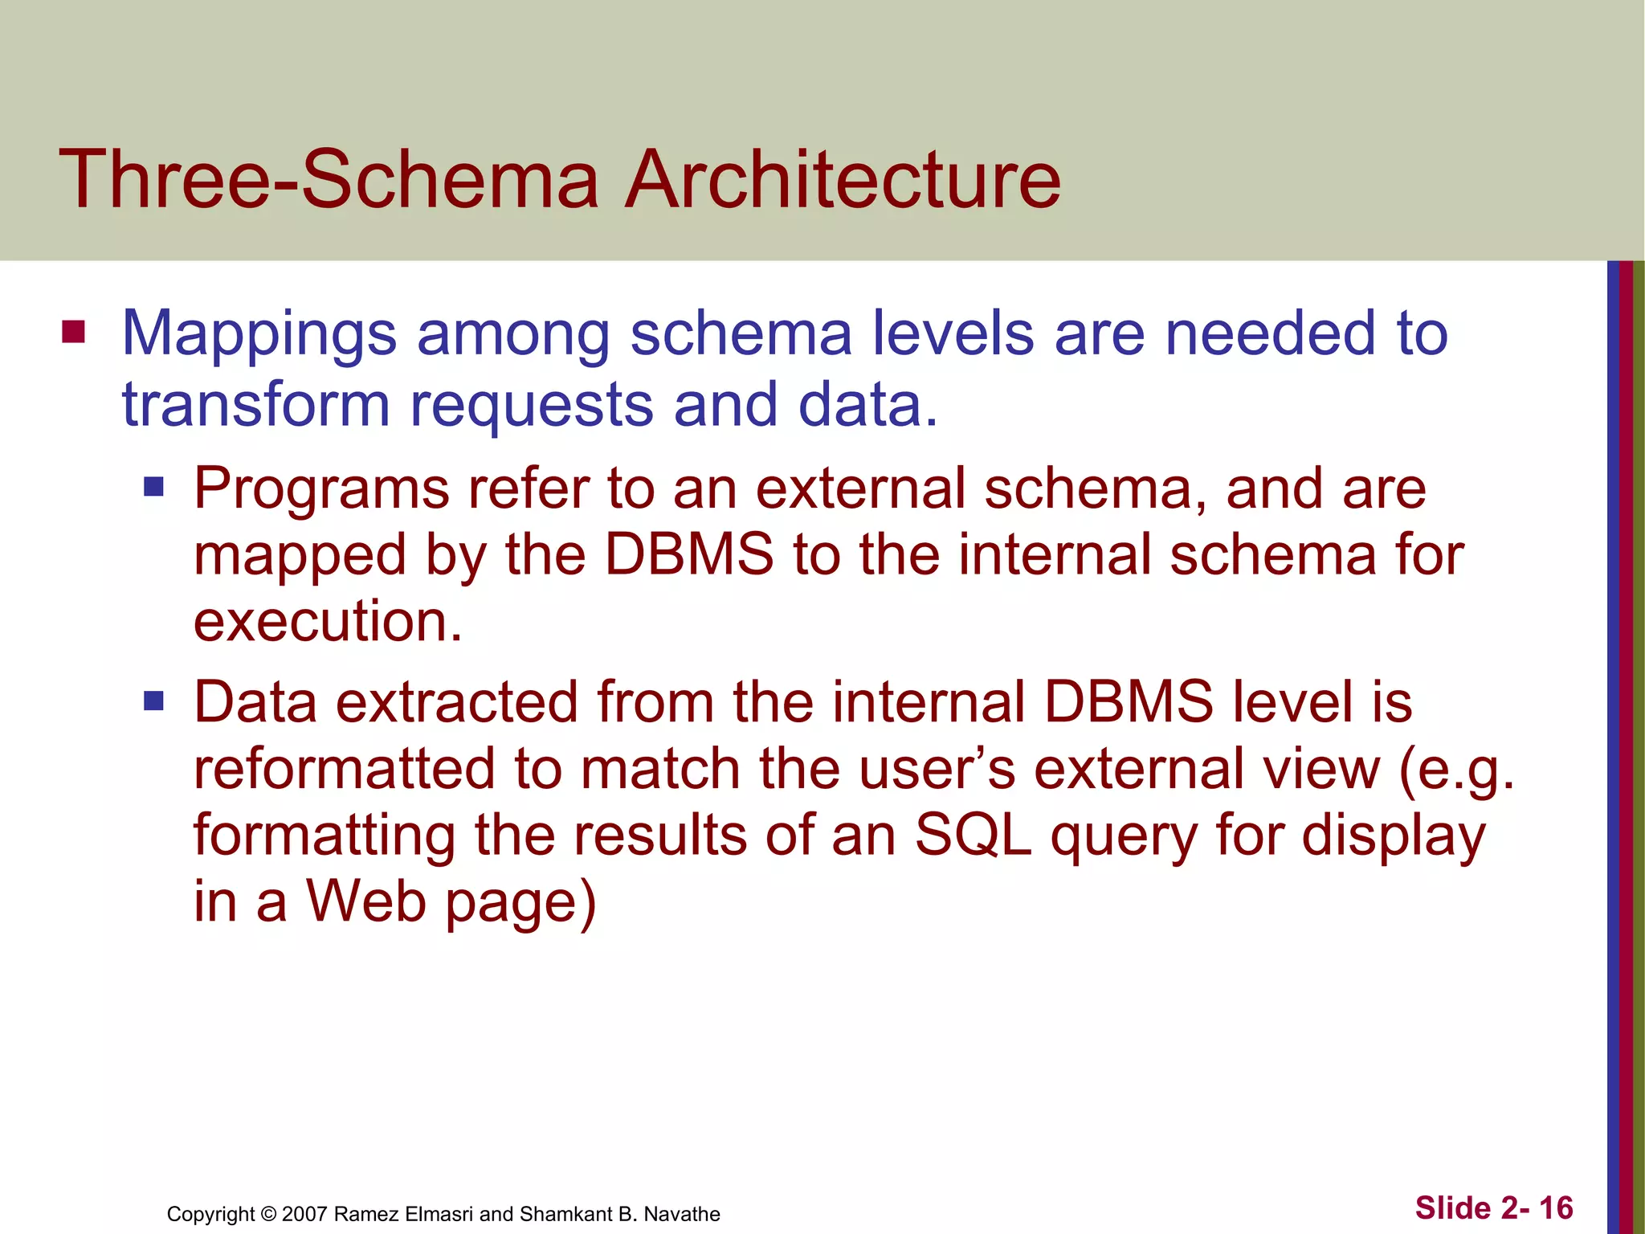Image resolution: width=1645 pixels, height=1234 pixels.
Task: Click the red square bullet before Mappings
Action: pyautogui.click(x=73, y=332)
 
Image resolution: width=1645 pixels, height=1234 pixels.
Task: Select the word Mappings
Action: pyautogui.click(x=259, y=334)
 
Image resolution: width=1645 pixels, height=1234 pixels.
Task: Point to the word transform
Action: pyautogui.click(x=255, y=404)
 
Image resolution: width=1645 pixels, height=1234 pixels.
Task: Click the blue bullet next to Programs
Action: pyautogui.click(x=153, y=487)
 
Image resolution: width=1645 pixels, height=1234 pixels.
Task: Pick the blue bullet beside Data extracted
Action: pyautogui.click(x=153, y=701)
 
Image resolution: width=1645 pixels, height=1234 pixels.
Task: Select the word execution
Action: pyautogui.click(x=328, y=621)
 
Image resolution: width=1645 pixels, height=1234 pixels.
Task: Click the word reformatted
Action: pyautogui.click(x=344, y=769)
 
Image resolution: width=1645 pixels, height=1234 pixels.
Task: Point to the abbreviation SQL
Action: pyautogui.click(x=974, y=835)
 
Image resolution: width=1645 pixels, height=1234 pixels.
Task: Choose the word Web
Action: pyautogui.click(x=366, y=901)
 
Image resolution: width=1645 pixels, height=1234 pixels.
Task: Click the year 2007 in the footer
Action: pyautogui.click(x=304, y=1214)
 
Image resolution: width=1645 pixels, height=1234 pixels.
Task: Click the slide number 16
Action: pyautogui.click(x=1556, y=1208)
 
